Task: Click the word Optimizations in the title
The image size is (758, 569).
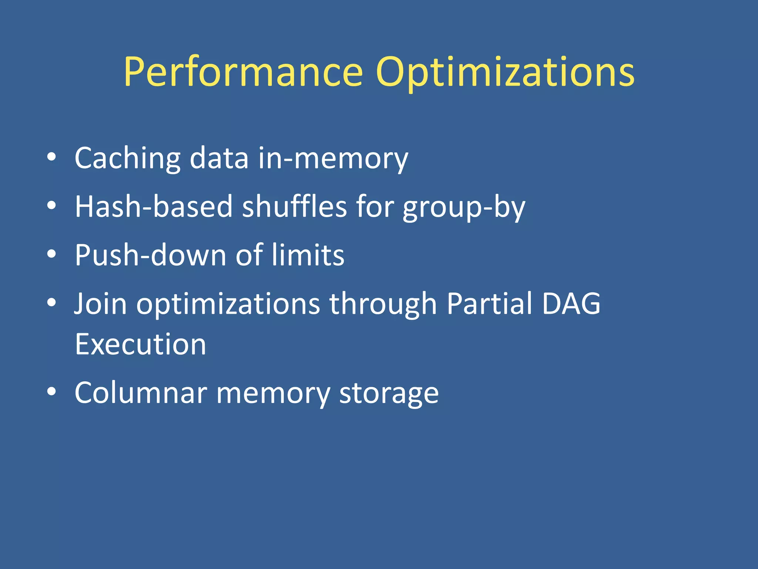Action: click(505, 72)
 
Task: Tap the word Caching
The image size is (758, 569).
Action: click(127, 159)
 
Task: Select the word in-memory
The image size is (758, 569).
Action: click(333, 159)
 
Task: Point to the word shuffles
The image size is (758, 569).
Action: click(294, 207)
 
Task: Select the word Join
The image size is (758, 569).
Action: click(100, 304)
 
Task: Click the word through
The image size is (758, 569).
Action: click(383, 304)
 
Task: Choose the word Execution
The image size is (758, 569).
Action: click(140, 345)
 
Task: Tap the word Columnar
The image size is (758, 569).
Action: click(141, 393)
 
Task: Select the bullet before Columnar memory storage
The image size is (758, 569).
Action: click(51, 392)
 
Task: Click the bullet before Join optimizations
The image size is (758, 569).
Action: click(51, 302)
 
